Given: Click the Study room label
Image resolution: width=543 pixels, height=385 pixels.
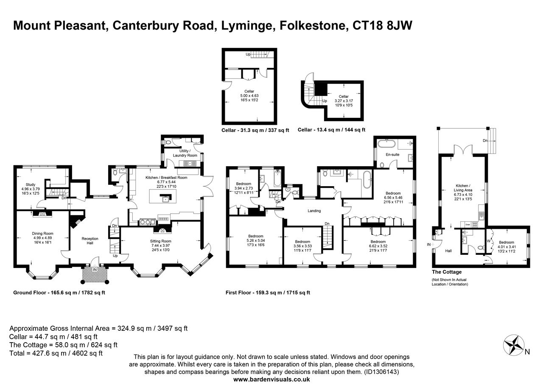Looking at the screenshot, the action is pyautogui.click(x=31, y=184).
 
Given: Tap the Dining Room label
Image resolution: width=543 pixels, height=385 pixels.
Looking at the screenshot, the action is pyautogui.click(x=43, y=234).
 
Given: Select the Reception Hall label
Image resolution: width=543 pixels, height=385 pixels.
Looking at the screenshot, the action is pyautogui.click(x=90, y=241).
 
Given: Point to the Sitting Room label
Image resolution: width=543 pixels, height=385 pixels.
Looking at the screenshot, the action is pyautogui.click(x=161, y=241).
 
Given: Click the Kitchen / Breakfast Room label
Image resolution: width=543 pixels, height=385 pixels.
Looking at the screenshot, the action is pyautogui.click(x=166, y=178).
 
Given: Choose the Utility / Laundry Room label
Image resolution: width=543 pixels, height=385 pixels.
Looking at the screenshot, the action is pyautogui.click(x=185, y=153).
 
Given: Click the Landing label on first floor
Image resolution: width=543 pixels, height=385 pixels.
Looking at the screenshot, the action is pyautogui.click(x=314, y=211).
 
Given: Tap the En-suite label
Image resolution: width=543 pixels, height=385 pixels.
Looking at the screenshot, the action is pyautogui.click(x=392, y=155).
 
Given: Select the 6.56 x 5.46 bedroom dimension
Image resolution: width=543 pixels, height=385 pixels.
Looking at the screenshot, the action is pyautogui.click(x=393, y=198).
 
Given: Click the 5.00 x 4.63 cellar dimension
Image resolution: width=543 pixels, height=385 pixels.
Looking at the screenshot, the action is pyautogui.click(x=249, y=96).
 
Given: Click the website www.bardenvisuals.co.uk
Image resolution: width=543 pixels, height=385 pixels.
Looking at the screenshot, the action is pyautogui.click(x=271, y=379).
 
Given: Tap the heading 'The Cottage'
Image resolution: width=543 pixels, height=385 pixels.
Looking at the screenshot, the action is pyautogui.click(x=447, y=272).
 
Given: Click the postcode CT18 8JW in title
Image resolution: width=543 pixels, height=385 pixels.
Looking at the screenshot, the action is pyautogui.click(x=382, y=26).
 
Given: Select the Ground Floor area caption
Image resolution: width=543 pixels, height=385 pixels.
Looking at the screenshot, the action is pyautogui.click(x=59, y=293).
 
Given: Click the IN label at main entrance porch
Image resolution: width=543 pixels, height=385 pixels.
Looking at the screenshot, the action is pyautogui.click(x=95, y=270).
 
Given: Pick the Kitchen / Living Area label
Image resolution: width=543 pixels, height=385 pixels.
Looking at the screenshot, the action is pyautogui.click(x=463, y=188).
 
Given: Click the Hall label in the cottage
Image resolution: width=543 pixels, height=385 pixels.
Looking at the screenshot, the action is pyautogui.click(x=448, y=251).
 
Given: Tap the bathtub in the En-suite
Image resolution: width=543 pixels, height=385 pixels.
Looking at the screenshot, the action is pyautogui.click(x=386, y=143).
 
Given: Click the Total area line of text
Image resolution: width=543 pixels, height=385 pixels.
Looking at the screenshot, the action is pyautogui.click(x=56, y=353).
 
